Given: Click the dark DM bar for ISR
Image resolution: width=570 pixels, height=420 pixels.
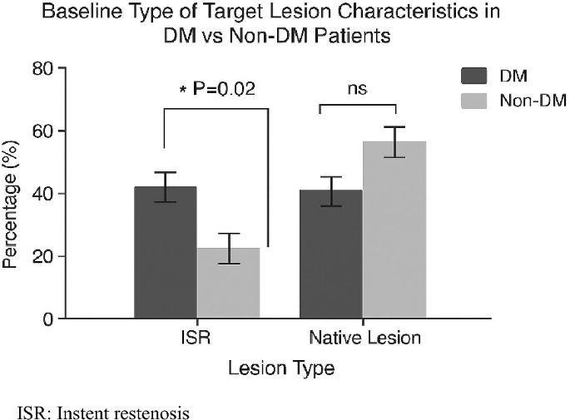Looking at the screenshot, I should [x=166, y=258].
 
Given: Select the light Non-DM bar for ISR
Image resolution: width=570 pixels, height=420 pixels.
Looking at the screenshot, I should [x=228, y=287].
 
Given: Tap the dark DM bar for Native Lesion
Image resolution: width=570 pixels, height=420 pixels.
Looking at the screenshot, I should [x=330, y=258].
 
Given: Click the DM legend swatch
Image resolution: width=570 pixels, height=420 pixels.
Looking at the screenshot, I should [x=474, y=77].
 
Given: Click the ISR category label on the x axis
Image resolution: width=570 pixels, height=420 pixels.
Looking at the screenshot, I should [x=196, y=338].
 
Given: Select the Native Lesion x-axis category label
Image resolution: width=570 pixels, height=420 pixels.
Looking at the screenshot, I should [x=362, y=338].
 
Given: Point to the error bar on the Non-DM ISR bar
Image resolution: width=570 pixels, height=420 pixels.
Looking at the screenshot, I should [x=228, y=248].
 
